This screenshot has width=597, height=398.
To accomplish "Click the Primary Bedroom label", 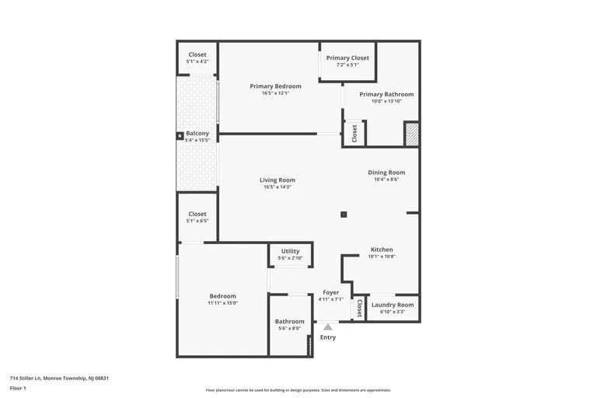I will pos(269,86).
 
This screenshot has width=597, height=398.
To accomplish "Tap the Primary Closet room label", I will pos(347,58).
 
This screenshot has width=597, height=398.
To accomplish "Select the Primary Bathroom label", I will pos(386,94).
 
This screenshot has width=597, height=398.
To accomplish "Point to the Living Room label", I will pos(278,180).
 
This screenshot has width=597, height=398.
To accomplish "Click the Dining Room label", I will pos(386,173).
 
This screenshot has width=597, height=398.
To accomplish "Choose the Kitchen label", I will pos(382,250).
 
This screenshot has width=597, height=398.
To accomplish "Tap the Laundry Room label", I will pos(393,305).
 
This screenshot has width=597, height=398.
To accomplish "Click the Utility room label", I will pos(290,251).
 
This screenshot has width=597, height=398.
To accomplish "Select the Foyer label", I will pos(330,292).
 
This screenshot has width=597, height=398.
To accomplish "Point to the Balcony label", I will pos(197,133).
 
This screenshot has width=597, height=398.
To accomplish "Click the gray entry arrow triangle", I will pos(328,327).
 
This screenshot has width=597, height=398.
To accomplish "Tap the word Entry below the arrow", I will pos(328,337).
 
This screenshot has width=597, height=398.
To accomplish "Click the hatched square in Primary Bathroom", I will pos(411,134).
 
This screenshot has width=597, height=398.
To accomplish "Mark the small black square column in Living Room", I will pos(344,215).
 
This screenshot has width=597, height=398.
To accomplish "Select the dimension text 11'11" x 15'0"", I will pos(222,303).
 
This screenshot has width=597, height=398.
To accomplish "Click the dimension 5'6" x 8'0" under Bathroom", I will pos(290,329).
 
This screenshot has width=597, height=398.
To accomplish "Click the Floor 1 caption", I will pos(18,387).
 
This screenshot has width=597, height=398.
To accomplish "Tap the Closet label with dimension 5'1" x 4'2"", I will pos(197,54).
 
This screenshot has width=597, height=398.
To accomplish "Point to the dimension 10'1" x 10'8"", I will pos(382,257).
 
